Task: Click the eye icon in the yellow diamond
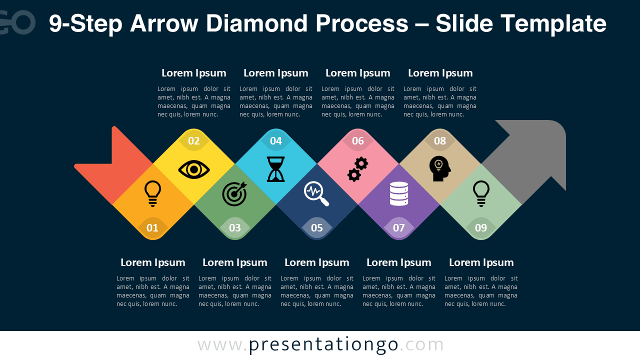[194, 169]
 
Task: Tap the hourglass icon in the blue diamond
[275, 169]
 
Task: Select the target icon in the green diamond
[234, 193]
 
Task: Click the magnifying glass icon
[317, 194]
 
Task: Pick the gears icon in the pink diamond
[357, 169]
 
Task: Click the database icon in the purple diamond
[399, 194]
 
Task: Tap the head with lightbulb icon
[439, 169]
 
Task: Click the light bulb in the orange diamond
[152, 193]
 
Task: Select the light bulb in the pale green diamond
[481, 193]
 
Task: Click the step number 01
[152, 228]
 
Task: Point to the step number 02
[194, 141]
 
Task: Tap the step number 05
[317, 228]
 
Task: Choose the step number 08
[440, 141]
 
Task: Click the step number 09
[481, 228]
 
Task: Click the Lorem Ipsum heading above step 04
[275, 73]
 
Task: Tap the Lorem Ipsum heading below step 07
[399, 262]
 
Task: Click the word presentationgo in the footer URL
[323, 345]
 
